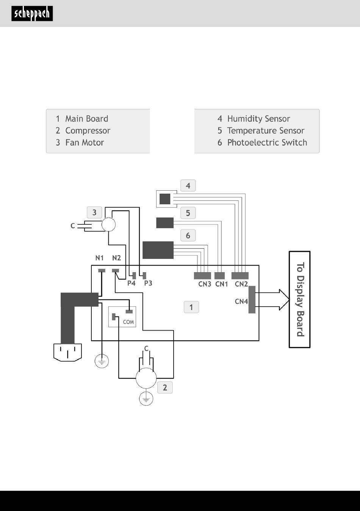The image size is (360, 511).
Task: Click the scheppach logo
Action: click(32, 14)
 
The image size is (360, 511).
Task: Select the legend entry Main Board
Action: click(87, 119)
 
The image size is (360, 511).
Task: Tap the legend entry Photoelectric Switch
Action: click(267, 143)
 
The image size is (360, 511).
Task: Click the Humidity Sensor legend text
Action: click(258, 119)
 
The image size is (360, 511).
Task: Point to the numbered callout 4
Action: click(188, 185)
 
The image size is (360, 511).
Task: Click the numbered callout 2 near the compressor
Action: click(165, 387)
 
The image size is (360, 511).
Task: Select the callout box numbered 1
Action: click(191, 307)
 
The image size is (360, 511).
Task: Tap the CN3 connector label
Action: click(205, 284)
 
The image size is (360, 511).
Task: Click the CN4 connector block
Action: click(252, 299)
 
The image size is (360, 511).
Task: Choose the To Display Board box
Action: click(300, 299)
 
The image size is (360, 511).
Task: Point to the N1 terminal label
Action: click(99, 258)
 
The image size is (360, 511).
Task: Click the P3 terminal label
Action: click(148, 283)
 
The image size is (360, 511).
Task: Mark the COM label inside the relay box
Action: click(128, 322)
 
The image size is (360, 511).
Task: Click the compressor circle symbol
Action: click(146, 378)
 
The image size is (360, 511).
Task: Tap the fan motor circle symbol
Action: click(108, 224)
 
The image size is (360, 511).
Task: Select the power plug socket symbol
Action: click(67, 353)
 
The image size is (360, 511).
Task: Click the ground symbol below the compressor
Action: click(146, 398)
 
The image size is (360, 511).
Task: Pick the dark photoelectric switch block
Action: click(158, 250)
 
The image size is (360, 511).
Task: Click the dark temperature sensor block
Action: click(165, 223)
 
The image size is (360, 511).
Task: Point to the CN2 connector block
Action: click(240, 276)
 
